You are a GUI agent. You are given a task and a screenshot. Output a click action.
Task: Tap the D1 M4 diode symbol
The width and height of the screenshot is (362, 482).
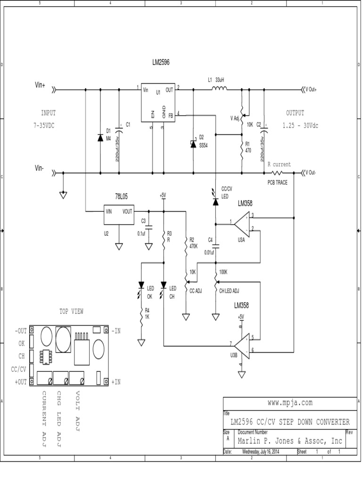100,138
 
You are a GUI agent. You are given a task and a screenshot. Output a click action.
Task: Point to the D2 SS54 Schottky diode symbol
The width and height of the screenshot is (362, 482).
193,144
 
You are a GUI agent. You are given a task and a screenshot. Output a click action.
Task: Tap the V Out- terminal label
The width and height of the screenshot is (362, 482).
312,172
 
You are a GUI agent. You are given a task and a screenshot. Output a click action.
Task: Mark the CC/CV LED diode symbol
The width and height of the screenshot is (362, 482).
215,201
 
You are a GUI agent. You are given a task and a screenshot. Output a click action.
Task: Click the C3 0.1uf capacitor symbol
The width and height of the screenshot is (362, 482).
148,226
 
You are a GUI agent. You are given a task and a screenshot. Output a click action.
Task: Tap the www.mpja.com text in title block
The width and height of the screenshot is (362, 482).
289,403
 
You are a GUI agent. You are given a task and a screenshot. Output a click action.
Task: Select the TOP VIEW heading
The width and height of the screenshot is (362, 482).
71,312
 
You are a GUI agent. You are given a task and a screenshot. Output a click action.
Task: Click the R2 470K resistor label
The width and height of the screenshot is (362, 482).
192,242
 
